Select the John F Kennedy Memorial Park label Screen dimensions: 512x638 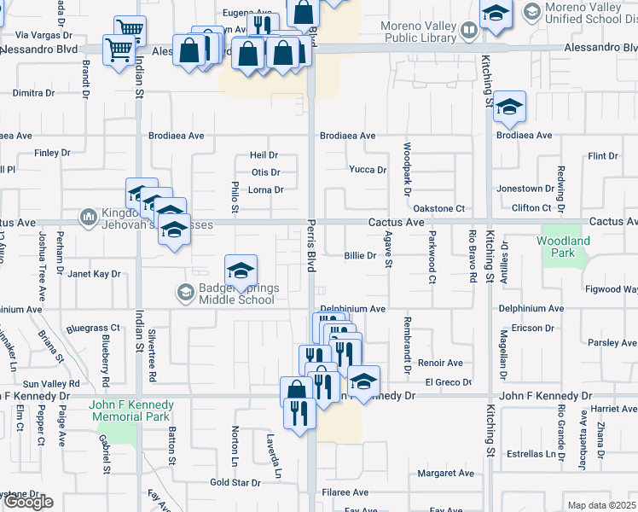tap(132, 410)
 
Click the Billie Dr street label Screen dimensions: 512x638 tap(360, 256)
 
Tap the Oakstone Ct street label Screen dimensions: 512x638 tap(438, 208)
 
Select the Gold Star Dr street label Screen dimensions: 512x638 tap(235, 483)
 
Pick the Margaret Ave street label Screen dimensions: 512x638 tap(445, 474)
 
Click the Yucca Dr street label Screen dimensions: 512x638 tap(368, 170)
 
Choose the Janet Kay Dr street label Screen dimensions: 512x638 tap(94, 275)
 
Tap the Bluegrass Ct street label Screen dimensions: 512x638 tap(93, 328)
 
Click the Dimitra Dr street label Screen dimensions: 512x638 tap(33, 93)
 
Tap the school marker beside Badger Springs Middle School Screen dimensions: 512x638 tap(241, 271)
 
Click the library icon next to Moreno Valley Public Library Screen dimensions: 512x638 tap(468, 32)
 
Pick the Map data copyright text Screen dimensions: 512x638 tap(602, 505)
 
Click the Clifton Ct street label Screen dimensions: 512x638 tap(531, 208)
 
